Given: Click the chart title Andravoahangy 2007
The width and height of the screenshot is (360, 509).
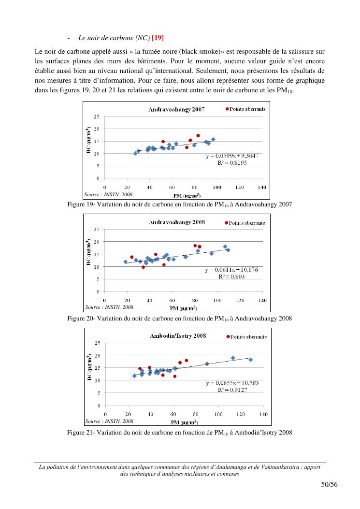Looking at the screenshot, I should [176, 109].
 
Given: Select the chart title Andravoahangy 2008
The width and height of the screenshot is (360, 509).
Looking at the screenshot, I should [176, 222].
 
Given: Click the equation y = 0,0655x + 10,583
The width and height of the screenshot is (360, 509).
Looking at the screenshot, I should [232, 383].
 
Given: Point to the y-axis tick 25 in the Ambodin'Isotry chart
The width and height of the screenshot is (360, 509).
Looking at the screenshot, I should [97, 343].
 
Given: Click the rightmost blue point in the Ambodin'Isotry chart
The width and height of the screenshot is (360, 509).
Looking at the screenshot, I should [250, 360].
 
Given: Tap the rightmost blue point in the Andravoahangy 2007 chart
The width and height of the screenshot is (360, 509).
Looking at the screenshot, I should [213, 139].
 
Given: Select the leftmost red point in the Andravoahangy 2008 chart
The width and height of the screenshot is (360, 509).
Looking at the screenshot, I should [132, 257].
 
